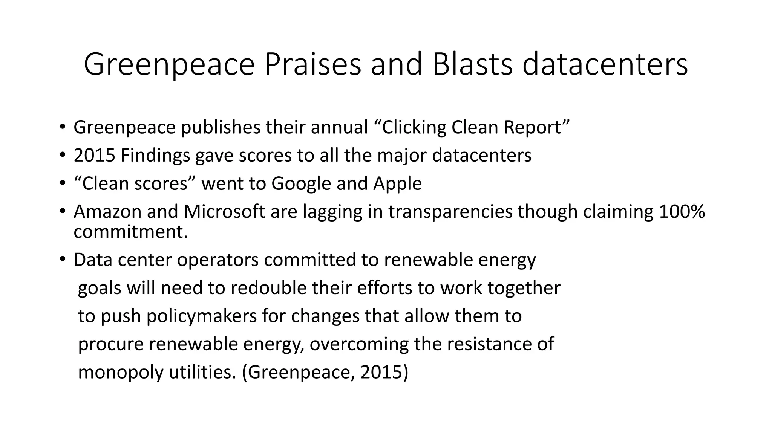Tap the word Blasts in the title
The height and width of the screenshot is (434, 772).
[473, 65]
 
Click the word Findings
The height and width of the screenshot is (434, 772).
[155, 156]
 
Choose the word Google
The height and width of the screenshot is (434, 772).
[301, 184]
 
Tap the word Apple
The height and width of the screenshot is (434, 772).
[398, 184]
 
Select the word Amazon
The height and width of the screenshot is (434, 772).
[107, 212]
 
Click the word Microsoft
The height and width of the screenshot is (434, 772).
[224, 212]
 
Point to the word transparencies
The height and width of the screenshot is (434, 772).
[450, 212]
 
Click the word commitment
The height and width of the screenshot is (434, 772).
[130, 232]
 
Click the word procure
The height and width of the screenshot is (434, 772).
[111, 344]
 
